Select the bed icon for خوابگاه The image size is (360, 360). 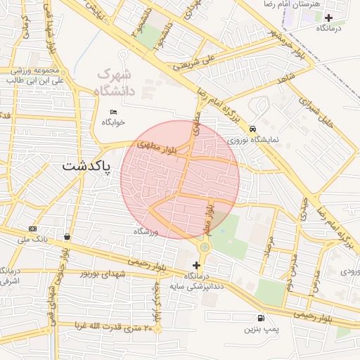click(114, 111)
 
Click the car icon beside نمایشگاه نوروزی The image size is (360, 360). click(252, 129)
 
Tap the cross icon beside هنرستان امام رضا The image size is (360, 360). click(328, 17)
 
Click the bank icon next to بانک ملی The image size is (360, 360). click(33, 229)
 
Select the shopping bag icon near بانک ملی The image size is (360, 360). click(67, 236)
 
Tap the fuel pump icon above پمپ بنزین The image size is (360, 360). click(262, 318)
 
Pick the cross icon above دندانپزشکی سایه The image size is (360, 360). click(196, 266)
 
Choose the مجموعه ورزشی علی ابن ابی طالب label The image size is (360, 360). click(35, 76)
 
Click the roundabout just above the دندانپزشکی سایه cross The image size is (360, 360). click(204, 247)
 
